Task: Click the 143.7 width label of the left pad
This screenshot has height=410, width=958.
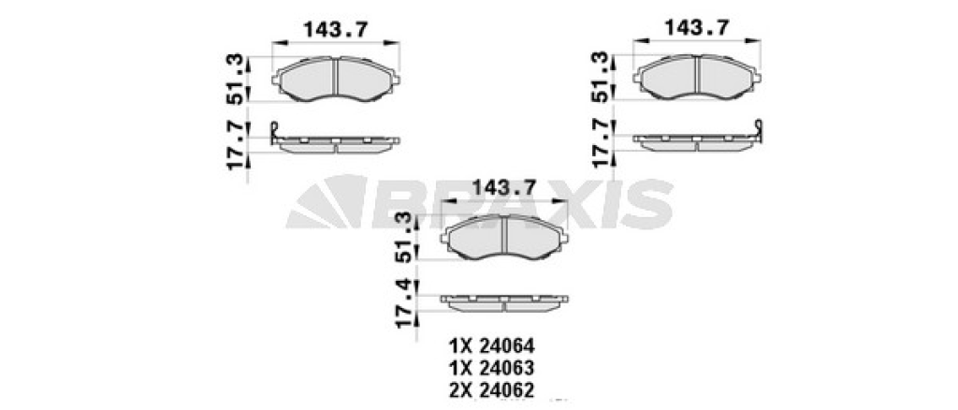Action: (x=336, y=29)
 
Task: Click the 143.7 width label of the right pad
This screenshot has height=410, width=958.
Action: (x=697, y=27)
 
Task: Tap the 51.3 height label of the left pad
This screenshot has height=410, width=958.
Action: (x=237, y=80)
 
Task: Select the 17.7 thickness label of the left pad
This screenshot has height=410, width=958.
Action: (x=237, y=145)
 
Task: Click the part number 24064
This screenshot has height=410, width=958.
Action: (x=508, y=346)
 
